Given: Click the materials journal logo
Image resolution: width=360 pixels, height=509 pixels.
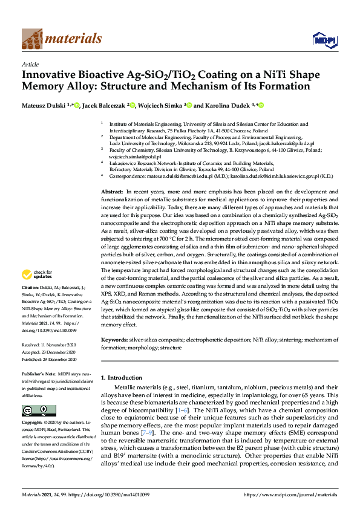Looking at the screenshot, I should click(x=61, y=39).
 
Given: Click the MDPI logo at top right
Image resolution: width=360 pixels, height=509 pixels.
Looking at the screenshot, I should click(x=324, y=41).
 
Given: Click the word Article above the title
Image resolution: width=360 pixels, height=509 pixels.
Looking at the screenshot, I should click(x=30, y=63).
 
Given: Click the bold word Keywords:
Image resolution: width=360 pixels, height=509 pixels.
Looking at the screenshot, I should click(x=115, y=341).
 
